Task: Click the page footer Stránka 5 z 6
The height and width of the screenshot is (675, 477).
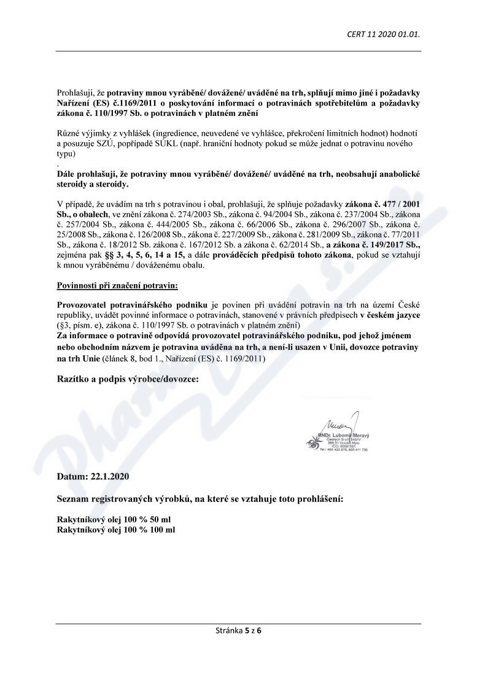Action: [x=239, y=630]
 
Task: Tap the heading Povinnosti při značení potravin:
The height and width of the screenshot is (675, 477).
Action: [x=117, y=286]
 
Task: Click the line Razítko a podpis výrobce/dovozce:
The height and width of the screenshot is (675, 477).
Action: [x=128, y=379]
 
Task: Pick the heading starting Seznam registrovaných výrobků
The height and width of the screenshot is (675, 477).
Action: [x=200, y=498]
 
